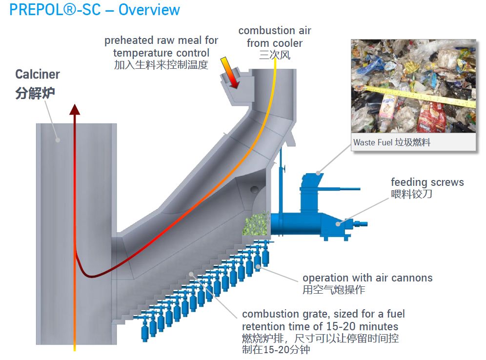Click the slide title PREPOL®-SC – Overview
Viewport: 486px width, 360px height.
(95, 10)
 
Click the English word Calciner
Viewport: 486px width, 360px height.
(38, 75)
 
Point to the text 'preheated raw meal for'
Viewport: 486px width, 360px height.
(161, 40)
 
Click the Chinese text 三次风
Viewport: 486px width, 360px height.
(274, 56)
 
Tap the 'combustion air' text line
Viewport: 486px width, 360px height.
(274, 31)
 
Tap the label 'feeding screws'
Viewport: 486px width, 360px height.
(427, 182)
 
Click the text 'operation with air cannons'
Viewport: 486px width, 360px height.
(367, 278)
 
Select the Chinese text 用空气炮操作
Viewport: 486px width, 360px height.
(334, 290)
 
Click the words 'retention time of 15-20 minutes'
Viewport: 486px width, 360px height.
(320, 326)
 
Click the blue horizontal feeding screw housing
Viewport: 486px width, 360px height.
(303, 222)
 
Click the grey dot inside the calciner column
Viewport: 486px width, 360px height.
(58, 140)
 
